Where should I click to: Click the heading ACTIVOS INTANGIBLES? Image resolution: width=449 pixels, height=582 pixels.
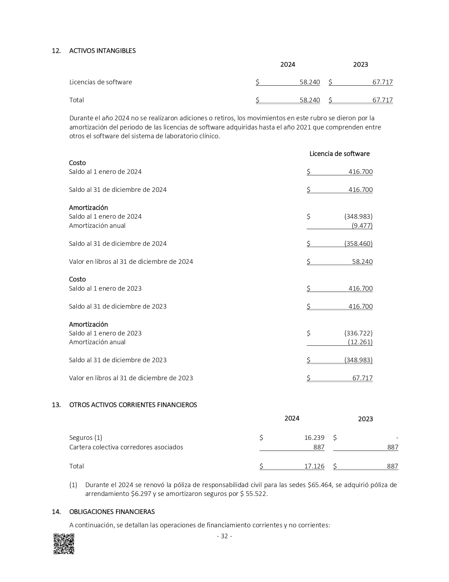pos(102,51)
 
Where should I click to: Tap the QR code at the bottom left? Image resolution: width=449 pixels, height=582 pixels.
pos(64,544)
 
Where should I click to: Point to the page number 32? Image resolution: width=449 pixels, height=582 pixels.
pos(224,536)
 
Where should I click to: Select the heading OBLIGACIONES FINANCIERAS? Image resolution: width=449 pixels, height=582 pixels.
pos(112,511)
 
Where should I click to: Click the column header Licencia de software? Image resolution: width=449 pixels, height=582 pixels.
pos(339,154)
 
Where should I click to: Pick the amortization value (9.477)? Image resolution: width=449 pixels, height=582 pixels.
pos(362,226)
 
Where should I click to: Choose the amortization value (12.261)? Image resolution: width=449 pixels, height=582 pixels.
pos(360,342)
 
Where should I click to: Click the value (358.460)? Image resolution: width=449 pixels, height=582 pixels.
pos(358,244)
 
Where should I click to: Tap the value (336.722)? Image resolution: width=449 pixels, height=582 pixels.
pos(358,333)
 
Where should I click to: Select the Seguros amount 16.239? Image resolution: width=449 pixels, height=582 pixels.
pos(314,438)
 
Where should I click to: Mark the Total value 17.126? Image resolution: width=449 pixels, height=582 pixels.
pos(314,466)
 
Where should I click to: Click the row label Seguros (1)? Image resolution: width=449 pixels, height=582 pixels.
pos(86,438)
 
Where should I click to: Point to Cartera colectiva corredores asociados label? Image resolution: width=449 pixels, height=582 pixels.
pos(126,447)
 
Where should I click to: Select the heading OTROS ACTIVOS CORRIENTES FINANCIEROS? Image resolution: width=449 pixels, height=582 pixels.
pos(133,405)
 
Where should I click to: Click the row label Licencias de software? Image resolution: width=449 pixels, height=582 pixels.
pos(100,82)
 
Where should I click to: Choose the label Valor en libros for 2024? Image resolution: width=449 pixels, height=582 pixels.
pos(131,262)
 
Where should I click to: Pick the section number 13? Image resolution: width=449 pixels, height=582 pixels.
pos(56,405)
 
